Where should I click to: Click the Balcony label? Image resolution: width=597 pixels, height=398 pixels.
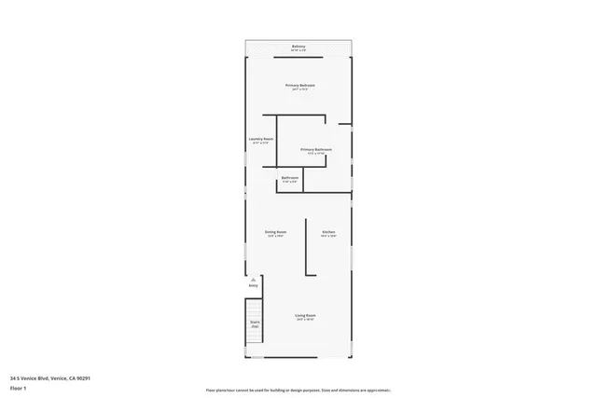point(298,45)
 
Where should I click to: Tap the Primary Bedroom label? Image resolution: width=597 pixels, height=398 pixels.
point(300,85)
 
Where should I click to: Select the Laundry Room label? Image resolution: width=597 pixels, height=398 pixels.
point(260,139)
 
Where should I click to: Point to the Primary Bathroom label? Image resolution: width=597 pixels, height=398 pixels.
point(316,149)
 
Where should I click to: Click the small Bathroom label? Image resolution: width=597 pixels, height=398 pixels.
point(290,177)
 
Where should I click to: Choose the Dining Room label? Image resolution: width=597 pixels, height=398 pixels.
point(275,231)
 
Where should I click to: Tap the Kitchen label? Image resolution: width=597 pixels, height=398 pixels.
point(328,231)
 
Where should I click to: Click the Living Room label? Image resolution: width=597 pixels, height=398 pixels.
point(304,316)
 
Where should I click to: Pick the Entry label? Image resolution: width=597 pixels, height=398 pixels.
point(253,285)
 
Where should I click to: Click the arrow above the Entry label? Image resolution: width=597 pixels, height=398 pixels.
point(253,279)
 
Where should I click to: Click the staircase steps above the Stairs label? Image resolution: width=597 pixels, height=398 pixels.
point(254,309)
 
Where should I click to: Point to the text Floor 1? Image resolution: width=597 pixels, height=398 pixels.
point(19,387)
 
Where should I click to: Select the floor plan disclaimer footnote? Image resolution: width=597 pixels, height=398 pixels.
point(298,390)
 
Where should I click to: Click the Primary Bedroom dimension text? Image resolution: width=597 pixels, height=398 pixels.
point(300,89)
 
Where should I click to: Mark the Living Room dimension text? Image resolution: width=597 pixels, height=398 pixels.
point(304,321)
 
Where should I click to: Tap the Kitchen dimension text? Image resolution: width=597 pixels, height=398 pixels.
point(328,236)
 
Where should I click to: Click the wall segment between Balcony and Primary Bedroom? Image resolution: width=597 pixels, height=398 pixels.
point(298,57)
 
